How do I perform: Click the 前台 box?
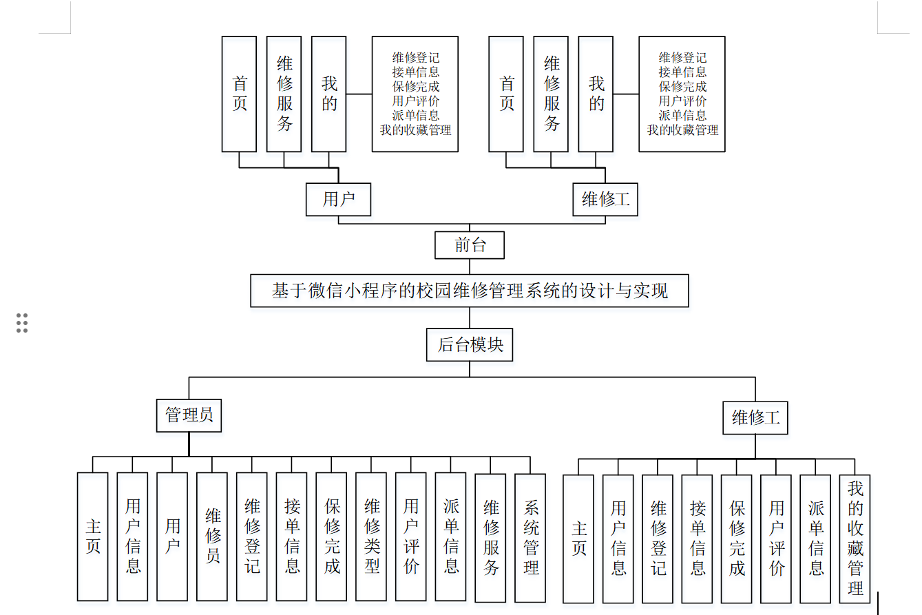(470, 245)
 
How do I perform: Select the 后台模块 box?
(470, 344)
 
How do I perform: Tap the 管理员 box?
(189, 415)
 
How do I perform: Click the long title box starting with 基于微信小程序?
(469, 291)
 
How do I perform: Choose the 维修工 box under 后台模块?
(755, 417)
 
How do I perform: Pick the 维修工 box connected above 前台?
(605, 199)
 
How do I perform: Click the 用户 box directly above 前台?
(339, 199)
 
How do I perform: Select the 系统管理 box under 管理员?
(530, 537)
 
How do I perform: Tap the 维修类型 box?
(371, 536)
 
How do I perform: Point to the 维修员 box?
(212, 536)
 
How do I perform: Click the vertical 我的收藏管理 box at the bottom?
(855, 539)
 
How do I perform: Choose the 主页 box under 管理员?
(92, 536)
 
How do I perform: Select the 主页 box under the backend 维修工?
(578, 539)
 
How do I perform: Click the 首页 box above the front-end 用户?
(239, 94)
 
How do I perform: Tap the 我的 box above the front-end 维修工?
(596, 94)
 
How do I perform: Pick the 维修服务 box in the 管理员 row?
(490, 537)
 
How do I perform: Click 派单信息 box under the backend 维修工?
(815, 539)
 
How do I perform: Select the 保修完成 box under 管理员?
(331, 536)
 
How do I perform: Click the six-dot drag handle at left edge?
(22, 322)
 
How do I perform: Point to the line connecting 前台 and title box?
(470, 267)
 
